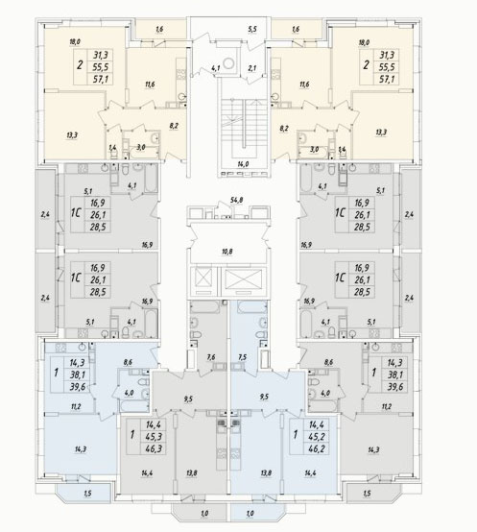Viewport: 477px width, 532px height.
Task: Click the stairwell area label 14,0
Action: (243, 164)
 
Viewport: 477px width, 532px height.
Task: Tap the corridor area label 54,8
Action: (235, 200)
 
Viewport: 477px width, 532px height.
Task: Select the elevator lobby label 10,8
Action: (227, 252)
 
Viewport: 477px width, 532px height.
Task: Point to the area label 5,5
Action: (252, 29)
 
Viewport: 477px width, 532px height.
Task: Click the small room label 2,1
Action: (251, 68)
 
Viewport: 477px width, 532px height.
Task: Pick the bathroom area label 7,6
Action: (211, 357)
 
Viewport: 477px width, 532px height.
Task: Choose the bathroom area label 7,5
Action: (243, 357)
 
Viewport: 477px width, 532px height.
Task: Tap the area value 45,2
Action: (317, 436)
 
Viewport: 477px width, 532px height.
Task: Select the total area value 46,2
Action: (317, 448)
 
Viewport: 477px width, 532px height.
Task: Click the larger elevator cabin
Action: (244, 279)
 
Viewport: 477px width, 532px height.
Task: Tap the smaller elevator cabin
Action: (203, 279)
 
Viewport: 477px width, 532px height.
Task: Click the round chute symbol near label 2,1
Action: (229, 62)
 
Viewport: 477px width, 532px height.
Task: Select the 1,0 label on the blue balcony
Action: (250, 514)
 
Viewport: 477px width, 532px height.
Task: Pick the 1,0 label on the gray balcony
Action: (204, 514)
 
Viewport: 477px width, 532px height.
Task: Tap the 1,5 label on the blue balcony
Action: (87, 494)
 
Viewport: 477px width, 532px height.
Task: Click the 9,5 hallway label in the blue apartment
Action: (264, 397)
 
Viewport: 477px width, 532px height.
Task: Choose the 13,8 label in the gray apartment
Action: (192, 473)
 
